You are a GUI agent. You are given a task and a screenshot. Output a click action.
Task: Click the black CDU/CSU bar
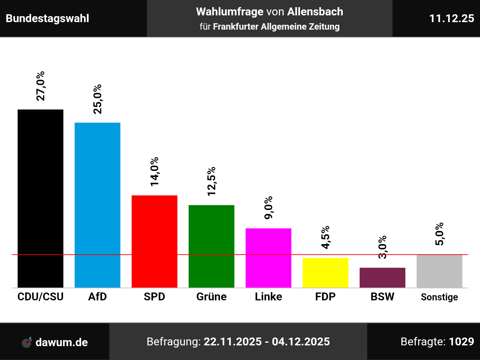coord(40,198)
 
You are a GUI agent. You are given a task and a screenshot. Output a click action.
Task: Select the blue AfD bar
coord(97,205)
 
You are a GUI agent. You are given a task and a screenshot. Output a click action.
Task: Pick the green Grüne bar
coord(211,246)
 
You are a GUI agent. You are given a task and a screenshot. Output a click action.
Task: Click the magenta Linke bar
coord(268,258)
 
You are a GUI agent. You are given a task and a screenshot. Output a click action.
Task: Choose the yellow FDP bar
coord(325,273)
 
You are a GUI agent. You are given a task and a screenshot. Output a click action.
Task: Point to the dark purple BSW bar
coord(382,277)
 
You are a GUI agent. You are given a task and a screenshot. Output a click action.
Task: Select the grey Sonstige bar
coord(439,271)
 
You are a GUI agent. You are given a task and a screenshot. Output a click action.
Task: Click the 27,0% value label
coord(40,86)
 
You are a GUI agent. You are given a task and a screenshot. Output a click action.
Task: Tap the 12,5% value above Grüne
coord(211,181)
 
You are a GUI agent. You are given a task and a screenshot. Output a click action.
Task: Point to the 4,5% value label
coord(325,237)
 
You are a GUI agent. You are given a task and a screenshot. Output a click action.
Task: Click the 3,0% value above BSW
coord(382,247)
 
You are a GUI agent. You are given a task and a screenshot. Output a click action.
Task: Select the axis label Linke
coord(268,297)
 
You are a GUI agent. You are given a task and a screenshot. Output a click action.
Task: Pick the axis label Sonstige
coord(439,297)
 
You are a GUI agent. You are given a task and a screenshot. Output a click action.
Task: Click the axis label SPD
coord(154,297)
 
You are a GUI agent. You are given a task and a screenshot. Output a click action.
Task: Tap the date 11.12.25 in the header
coord(451,18)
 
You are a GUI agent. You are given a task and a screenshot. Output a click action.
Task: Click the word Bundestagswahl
coord(48,18)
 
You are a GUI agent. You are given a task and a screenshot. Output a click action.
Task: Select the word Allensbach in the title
coord(315,12)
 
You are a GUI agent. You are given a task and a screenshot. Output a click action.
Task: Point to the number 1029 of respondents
coord(461,342)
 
